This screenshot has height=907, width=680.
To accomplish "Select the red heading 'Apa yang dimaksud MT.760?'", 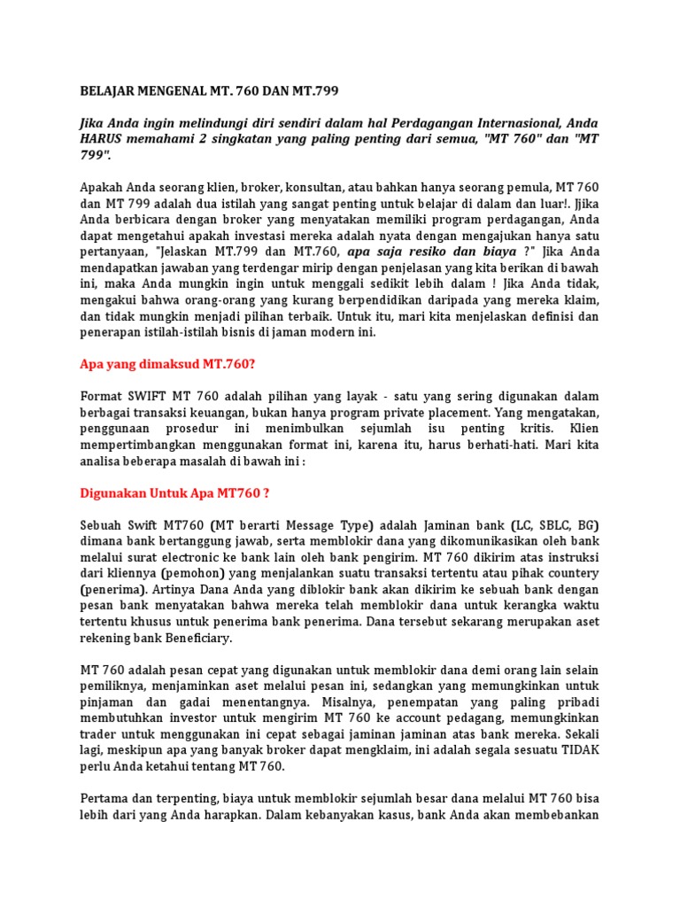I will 159,362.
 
